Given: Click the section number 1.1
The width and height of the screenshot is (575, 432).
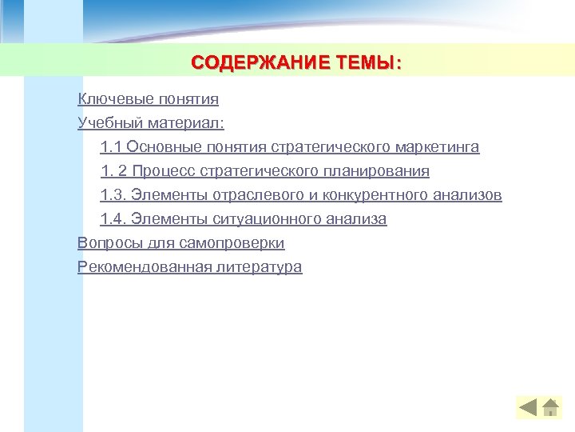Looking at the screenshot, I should (111, 147).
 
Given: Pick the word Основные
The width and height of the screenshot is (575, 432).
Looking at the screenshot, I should (163, 147).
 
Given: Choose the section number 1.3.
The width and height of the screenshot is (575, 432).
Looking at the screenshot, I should (113, 195).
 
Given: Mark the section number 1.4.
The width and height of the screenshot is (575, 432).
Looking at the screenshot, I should (113, 219).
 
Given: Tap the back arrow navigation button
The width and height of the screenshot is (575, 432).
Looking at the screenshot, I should (528, 408).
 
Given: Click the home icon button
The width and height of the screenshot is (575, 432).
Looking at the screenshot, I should (550, 408).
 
